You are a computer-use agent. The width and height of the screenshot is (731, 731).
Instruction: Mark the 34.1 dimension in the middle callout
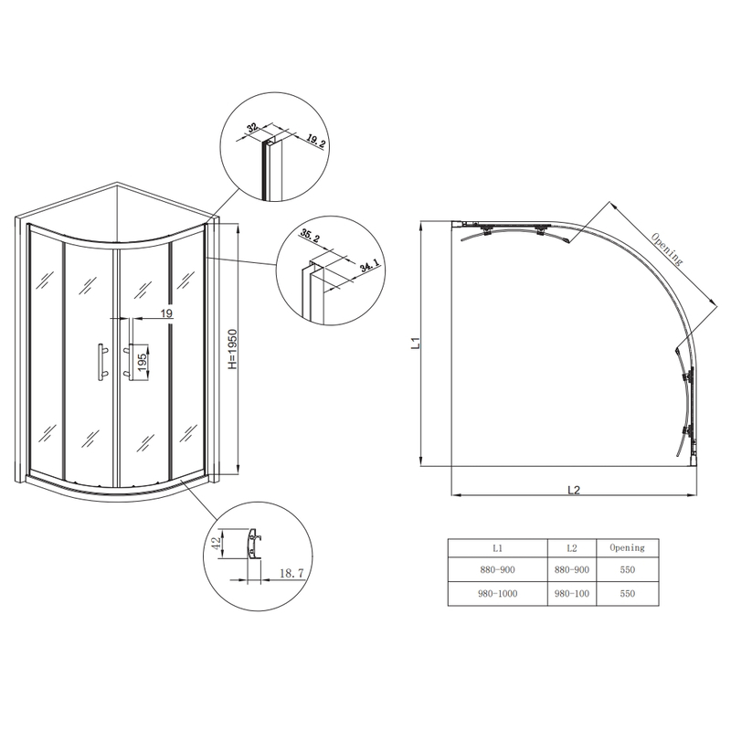369,266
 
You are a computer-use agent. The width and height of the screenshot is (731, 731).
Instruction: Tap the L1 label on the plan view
414,344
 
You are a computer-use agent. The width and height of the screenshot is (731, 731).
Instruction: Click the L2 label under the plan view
574,489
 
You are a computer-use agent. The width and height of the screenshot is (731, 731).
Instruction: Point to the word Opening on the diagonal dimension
667,248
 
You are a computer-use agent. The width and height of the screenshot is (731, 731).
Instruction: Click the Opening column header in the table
626,548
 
